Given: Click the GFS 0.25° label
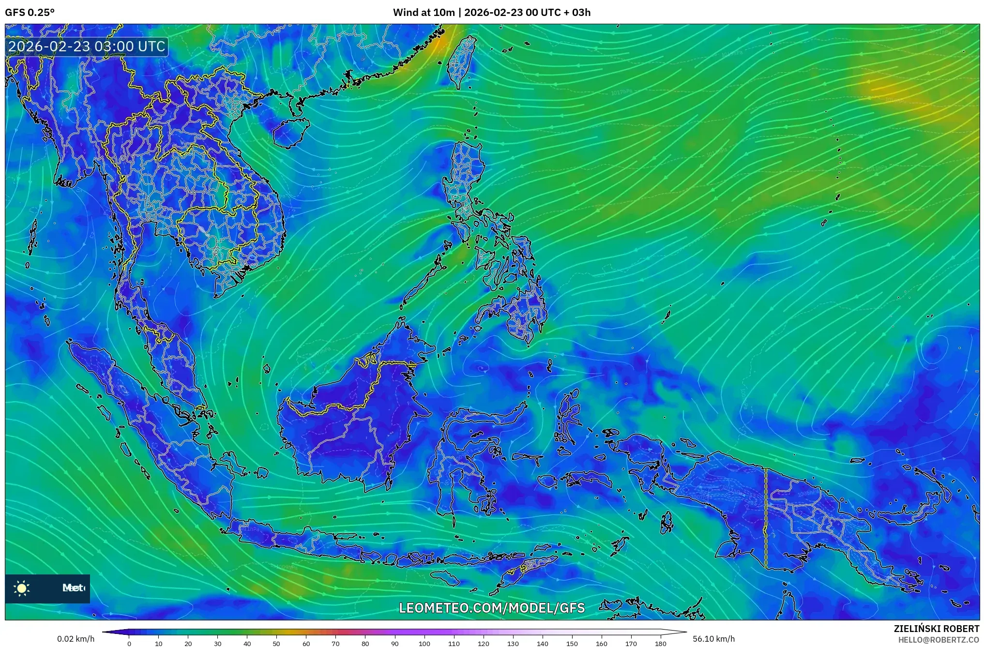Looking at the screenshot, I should pyautogui.click(x=30, y=13).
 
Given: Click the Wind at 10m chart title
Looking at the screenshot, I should pyautogui.click(x=492, y=13).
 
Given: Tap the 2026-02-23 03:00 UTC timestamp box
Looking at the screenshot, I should pyautogui.click(x=87, y=47).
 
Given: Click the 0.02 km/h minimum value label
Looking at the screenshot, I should pyautogui.click(x=76, y=639).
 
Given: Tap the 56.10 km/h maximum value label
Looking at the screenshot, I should pyautogui.click(x=713, y=639).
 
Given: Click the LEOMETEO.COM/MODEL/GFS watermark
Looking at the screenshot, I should pyautogui.click(x=492, y=608).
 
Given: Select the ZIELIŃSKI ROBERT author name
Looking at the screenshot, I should pyautogui.click(x=936, y=629).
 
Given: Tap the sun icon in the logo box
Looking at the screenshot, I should pyautogui.click(x=22, y=588).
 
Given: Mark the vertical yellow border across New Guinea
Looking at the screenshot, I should pyautogui.click(x=766, y=518).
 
